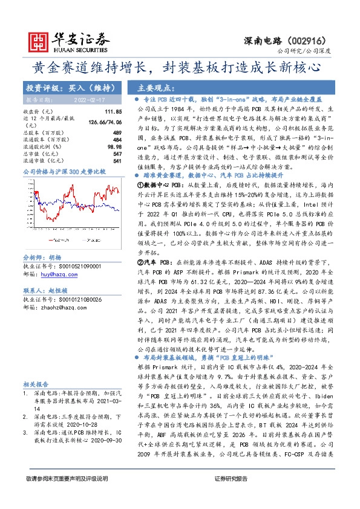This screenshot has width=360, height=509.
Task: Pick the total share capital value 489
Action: point(117,132)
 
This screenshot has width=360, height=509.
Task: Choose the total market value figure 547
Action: point(117,154)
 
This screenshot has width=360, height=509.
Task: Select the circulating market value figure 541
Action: point(117,161)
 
